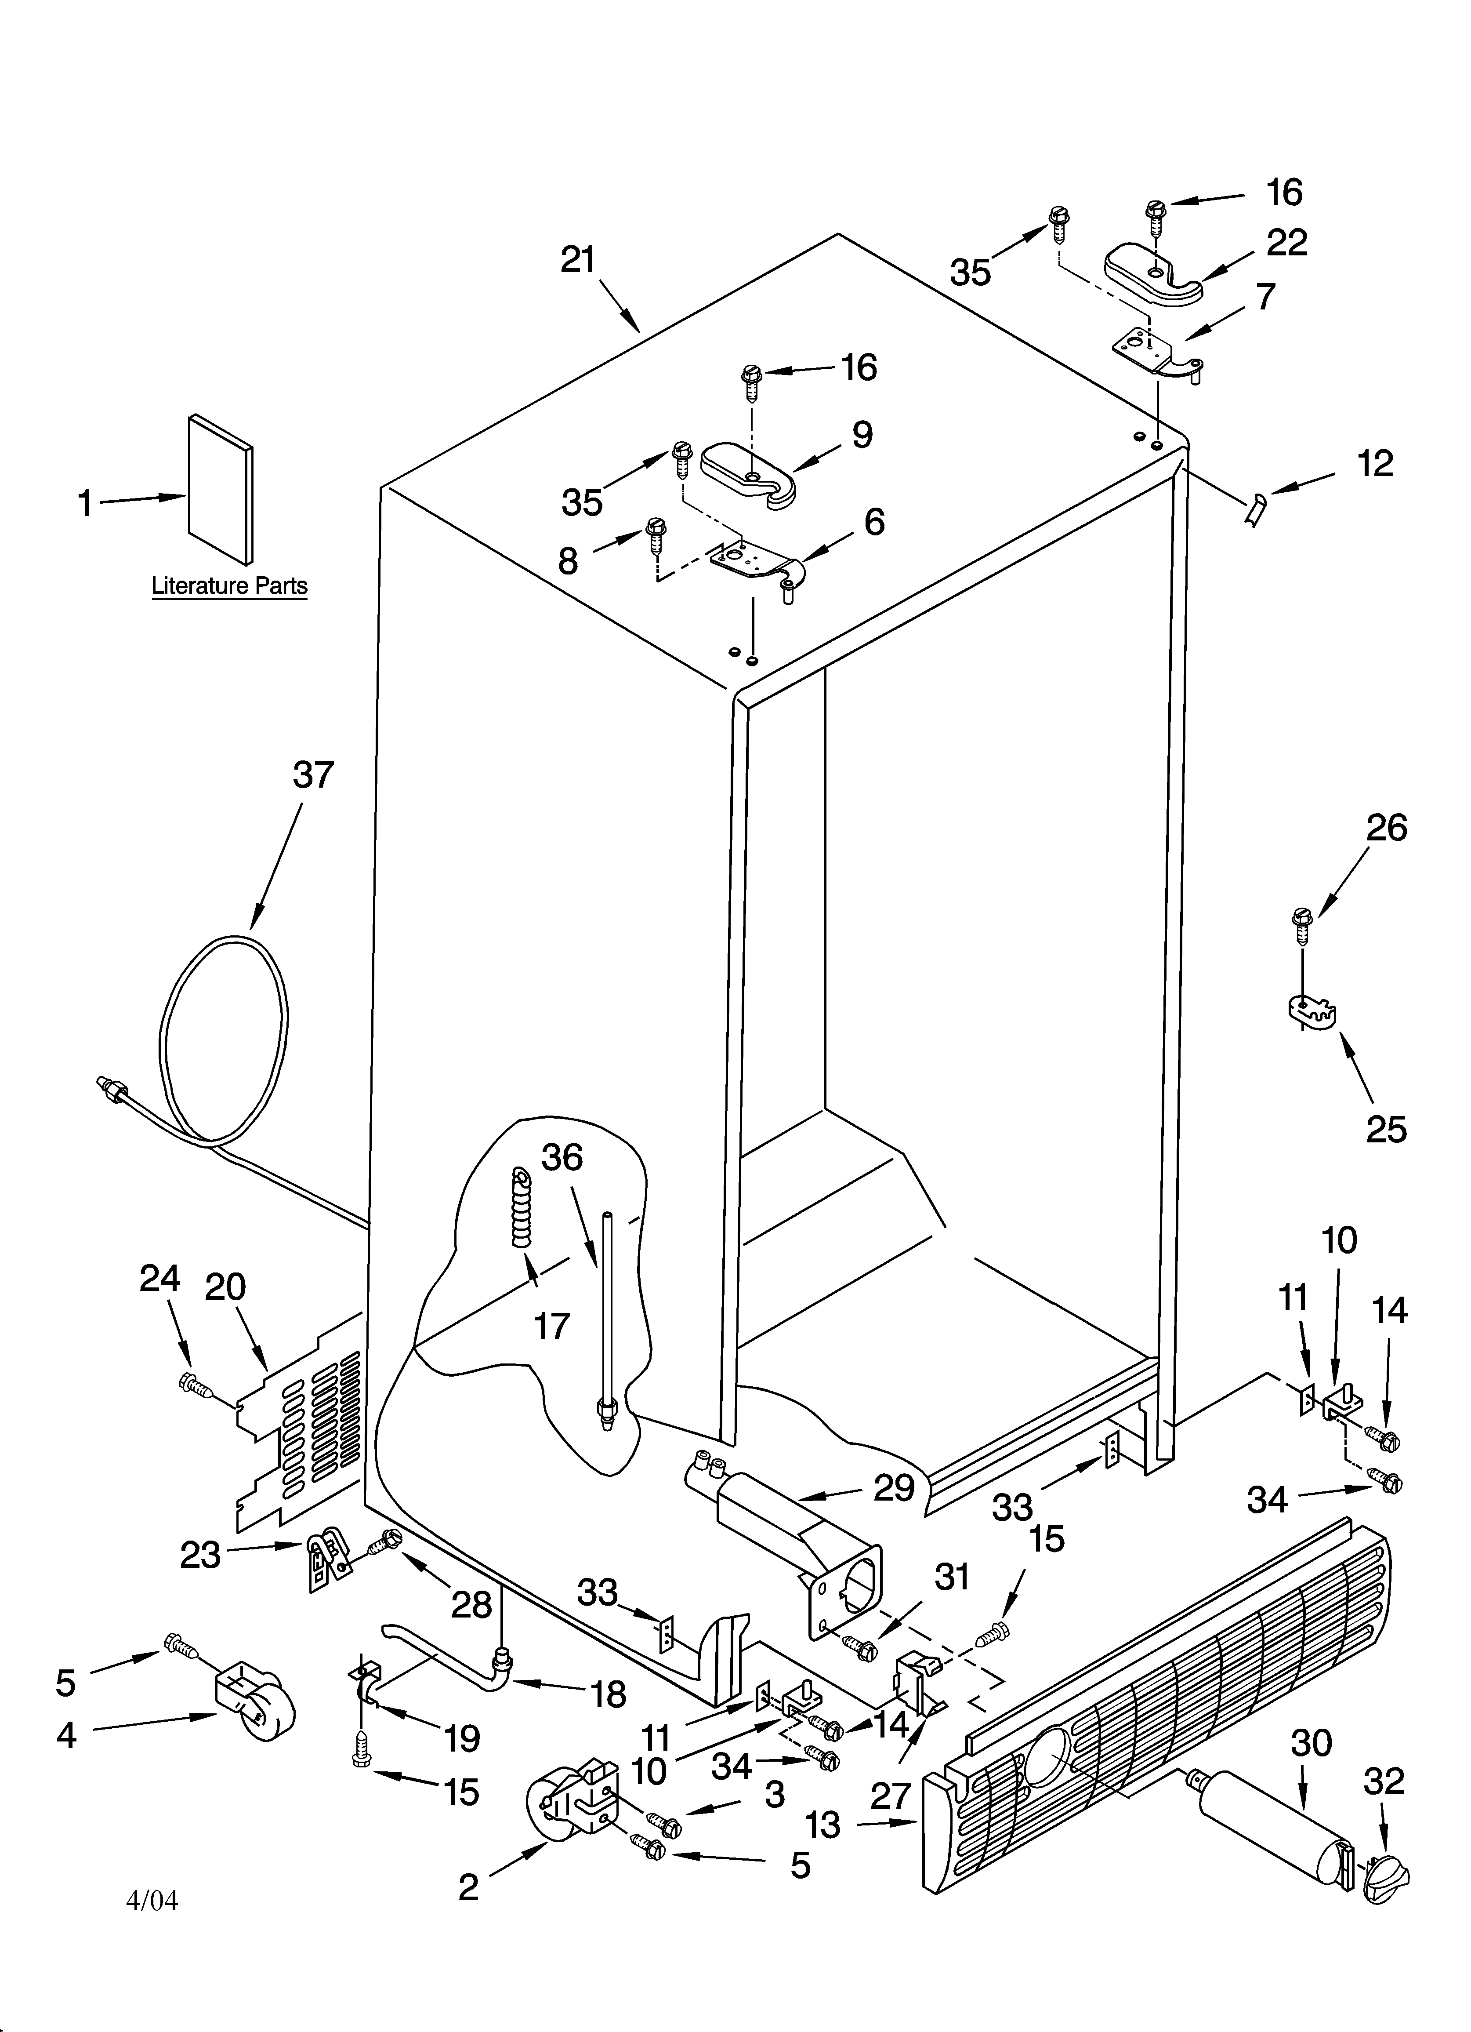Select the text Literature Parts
tap(229, 586)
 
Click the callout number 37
tap(313, 774)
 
